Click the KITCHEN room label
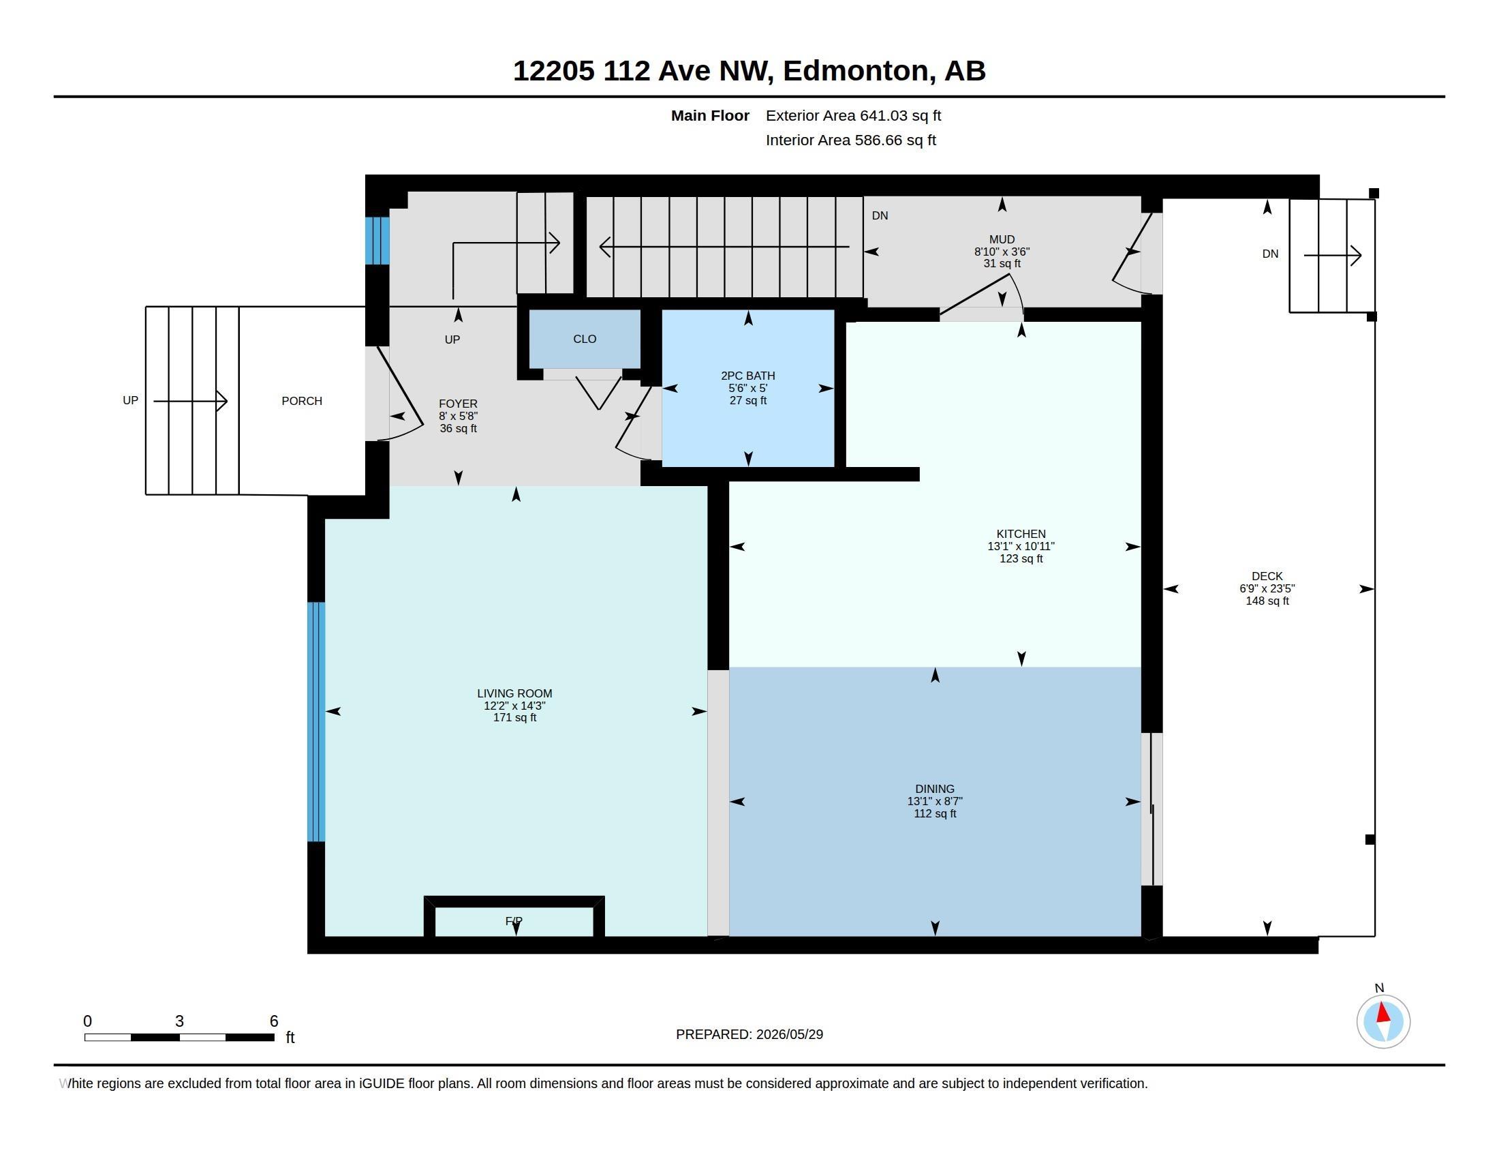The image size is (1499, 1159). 1021,534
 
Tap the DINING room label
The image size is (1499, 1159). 934,789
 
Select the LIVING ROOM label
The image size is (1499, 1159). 514,693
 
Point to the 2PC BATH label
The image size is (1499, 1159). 747,376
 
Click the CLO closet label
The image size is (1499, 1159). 585,339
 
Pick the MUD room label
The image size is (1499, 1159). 1002,239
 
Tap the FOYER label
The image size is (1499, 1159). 458,404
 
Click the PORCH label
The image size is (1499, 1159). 301,401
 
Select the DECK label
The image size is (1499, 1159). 1267,576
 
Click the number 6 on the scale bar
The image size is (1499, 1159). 274,1021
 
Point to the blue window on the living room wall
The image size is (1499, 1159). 315,721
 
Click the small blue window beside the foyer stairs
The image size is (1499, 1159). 377,240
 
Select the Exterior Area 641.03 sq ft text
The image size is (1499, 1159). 853,115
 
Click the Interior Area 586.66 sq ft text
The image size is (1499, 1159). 850,140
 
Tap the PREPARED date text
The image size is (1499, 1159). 749,1034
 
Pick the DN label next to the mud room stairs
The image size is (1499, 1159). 880,215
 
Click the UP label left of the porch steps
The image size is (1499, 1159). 130,400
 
